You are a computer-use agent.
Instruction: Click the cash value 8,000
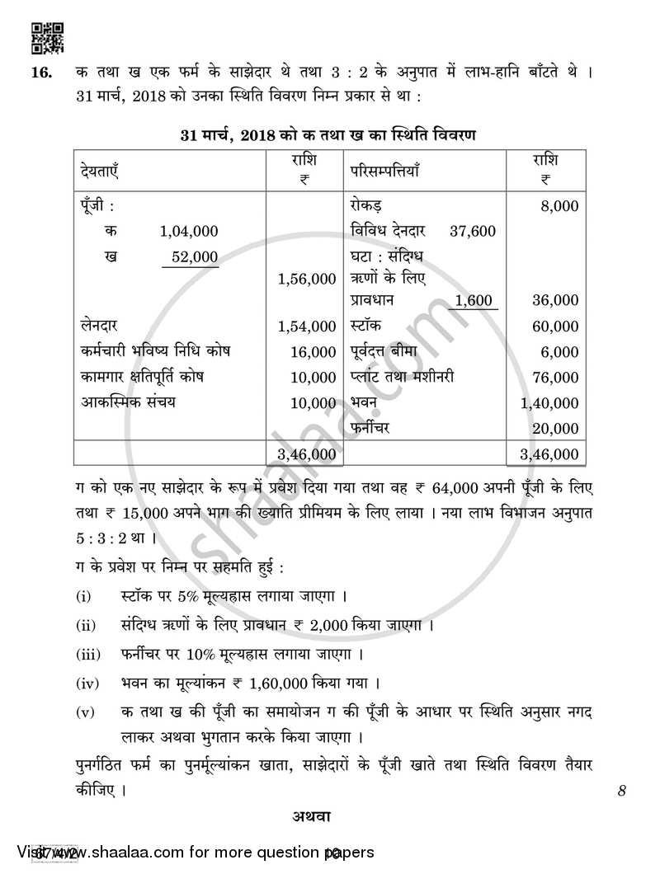coord(559,206)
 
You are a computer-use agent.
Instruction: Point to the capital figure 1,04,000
coord(188,232)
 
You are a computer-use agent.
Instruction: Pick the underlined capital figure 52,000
coord(194,256)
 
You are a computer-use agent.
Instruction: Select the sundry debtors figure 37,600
coord(473,232)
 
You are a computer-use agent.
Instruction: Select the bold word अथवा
coord(310,817)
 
